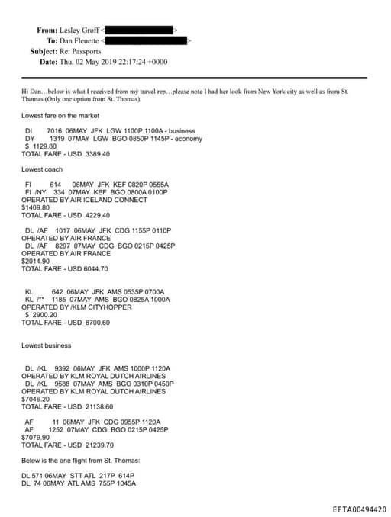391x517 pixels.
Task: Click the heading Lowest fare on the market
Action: click(x=61, y=115)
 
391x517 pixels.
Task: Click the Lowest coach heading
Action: click(x=43, y=169)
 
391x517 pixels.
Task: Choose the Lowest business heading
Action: click(x=47, y=345)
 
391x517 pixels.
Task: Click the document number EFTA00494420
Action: click(x=360, y=509)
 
